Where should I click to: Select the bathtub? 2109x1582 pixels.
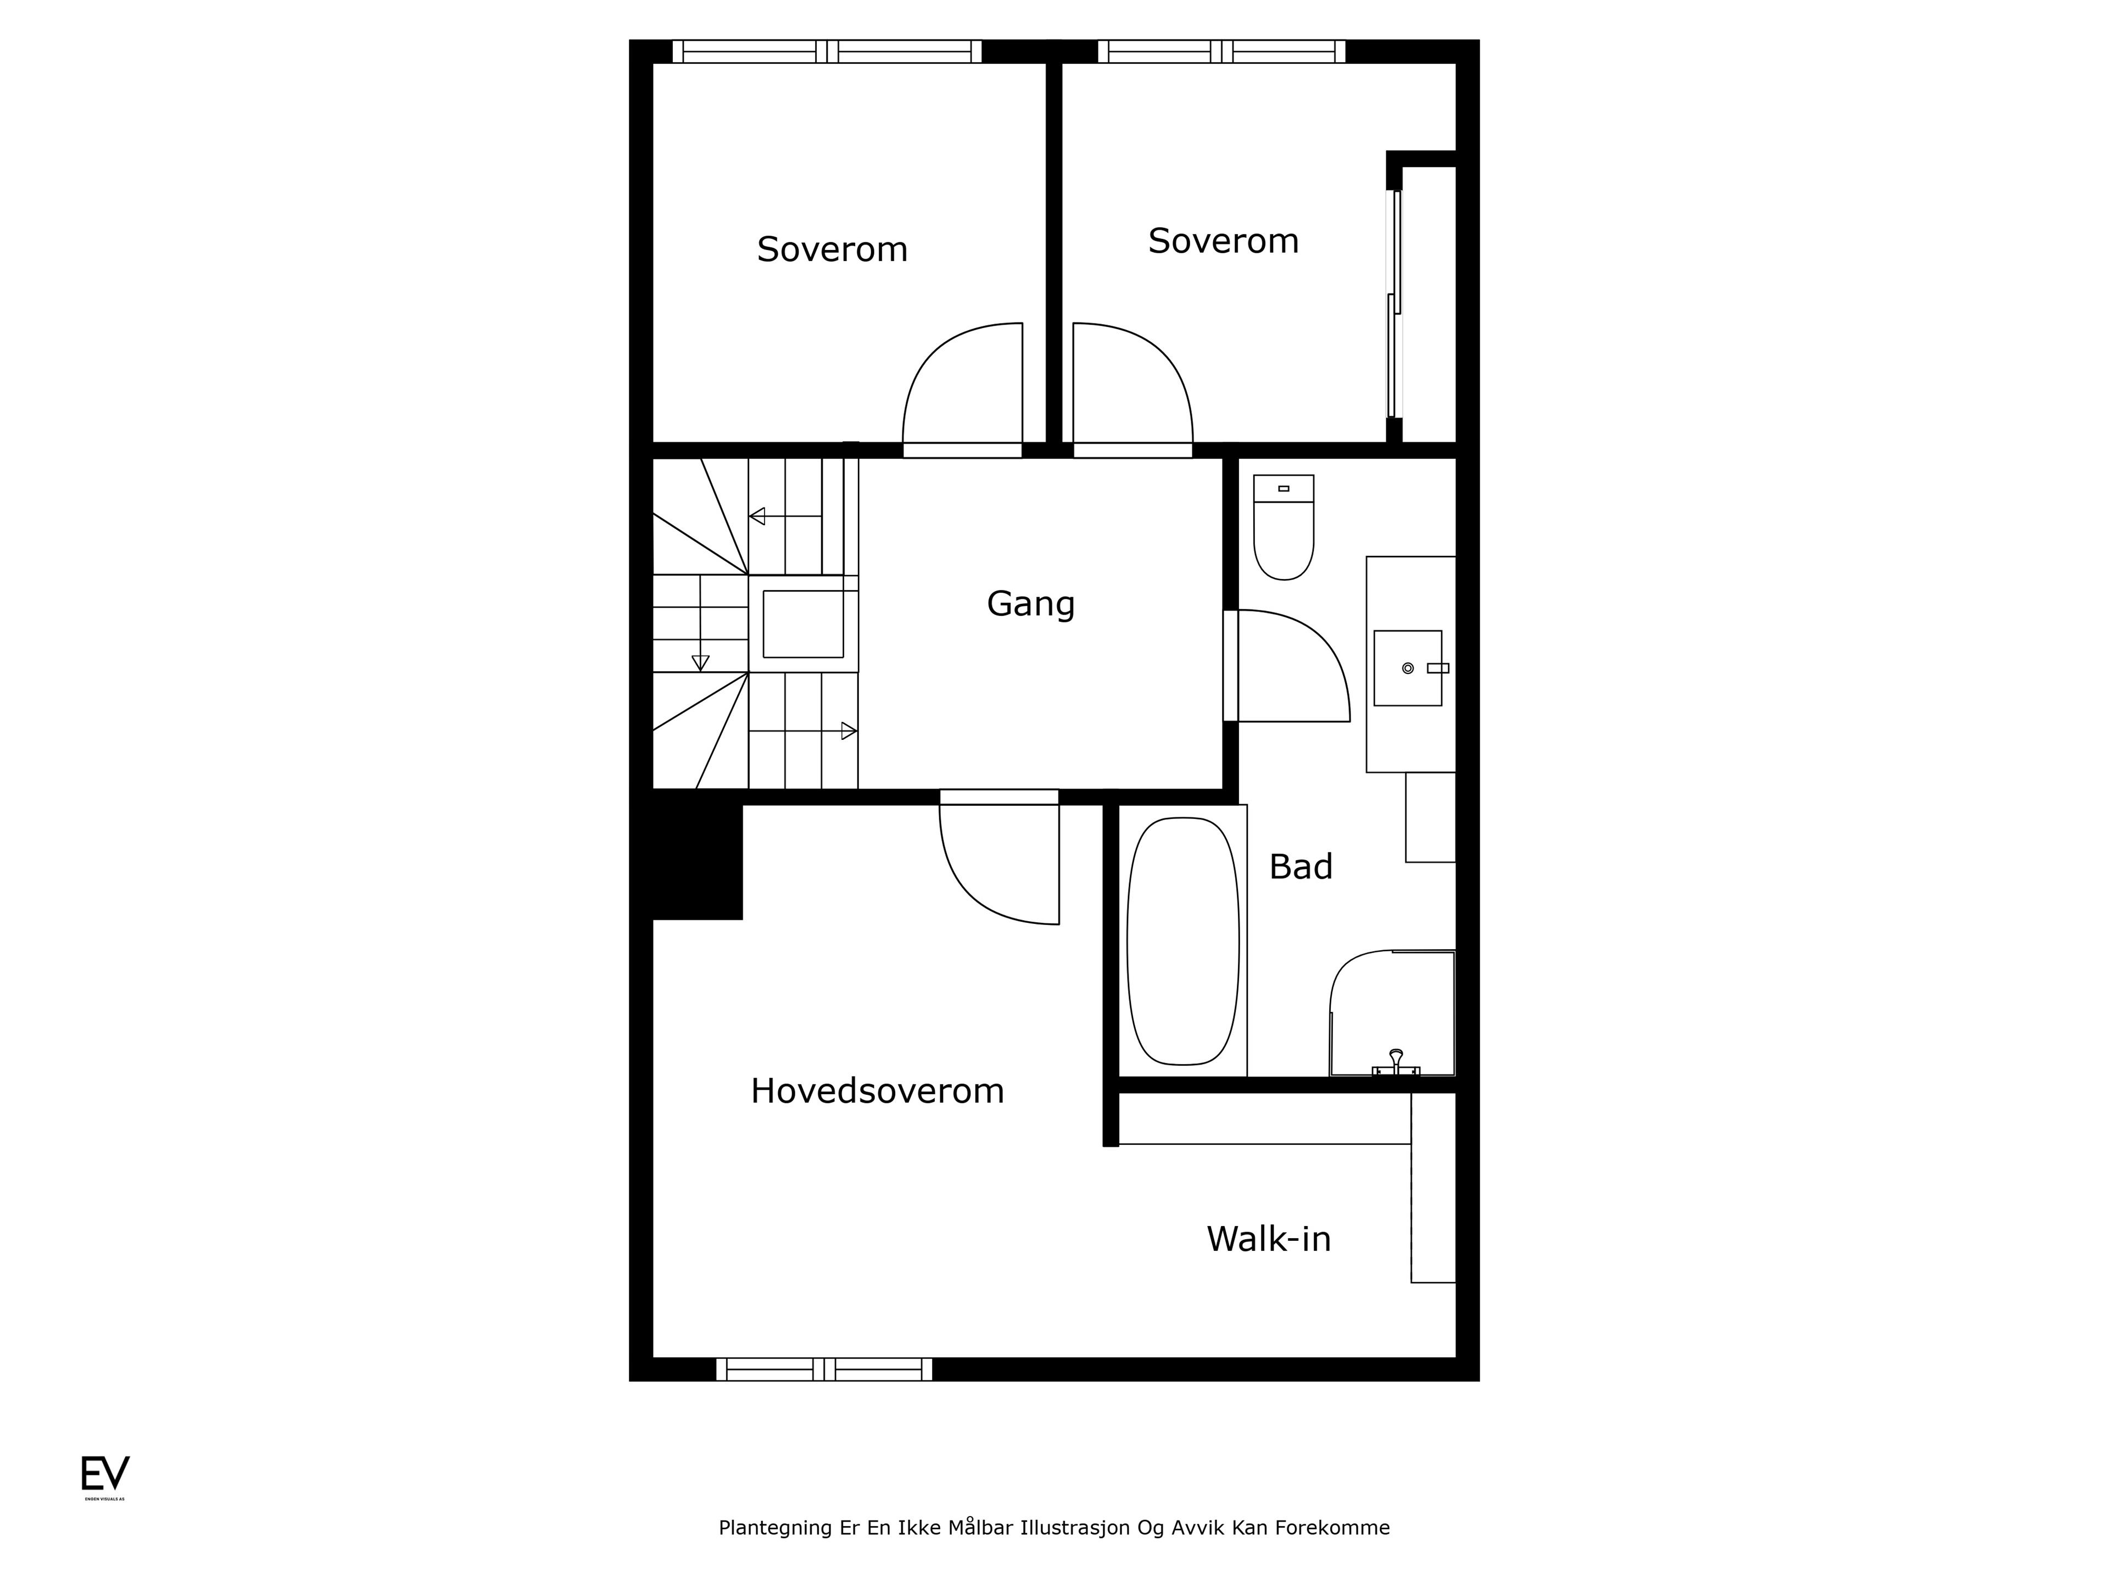pos(1182,941)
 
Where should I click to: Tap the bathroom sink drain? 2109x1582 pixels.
pos(1407,669)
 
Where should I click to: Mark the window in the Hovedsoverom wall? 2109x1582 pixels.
pos(824,1369)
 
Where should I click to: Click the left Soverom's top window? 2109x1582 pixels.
pos(827,52)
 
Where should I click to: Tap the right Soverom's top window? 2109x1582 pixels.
pos(1221,52)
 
